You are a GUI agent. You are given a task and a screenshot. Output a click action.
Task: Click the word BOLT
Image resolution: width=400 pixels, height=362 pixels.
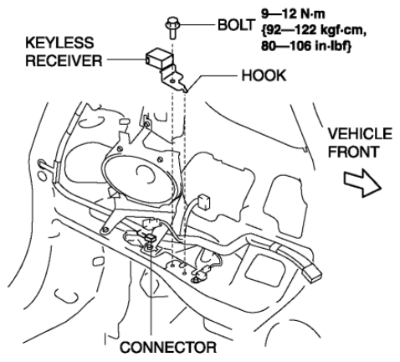236,25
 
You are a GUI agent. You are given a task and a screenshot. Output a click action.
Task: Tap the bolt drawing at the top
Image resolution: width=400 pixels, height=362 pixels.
172,28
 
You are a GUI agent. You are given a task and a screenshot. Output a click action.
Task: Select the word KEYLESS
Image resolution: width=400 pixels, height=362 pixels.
59,43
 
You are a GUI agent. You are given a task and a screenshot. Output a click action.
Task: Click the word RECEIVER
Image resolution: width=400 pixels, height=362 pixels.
64,60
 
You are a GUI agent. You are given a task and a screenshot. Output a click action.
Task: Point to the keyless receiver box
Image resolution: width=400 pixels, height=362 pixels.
158,58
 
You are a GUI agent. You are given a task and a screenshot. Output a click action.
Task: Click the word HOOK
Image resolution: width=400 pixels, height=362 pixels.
264,75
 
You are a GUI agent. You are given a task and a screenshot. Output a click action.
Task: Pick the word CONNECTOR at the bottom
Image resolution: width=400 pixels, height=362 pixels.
168,347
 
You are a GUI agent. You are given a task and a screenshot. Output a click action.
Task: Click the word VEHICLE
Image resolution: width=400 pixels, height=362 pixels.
360,134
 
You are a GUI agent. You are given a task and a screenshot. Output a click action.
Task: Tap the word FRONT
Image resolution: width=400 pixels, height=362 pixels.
353,152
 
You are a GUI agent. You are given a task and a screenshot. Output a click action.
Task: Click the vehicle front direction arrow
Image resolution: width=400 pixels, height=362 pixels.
362,183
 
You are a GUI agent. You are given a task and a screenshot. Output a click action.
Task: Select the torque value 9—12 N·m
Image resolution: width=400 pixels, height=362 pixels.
293,14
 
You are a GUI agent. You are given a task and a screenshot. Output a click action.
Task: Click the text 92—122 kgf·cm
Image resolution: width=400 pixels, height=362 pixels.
314,29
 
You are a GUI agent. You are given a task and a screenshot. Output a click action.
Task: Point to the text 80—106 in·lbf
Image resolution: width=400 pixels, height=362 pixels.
305,45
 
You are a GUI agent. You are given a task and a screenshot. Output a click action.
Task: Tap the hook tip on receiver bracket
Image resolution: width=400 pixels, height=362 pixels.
187,90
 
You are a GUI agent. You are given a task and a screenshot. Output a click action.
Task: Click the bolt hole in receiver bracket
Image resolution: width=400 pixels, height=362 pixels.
172,80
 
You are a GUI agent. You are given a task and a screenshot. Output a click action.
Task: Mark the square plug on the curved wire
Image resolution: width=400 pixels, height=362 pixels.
203,202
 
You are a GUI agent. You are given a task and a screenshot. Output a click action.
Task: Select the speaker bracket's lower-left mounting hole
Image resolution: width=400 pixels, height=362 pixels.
105,230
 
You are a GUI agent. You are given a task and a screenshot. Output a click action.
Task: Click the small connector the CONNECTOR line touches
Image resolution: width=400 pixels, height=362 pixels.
151,238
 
